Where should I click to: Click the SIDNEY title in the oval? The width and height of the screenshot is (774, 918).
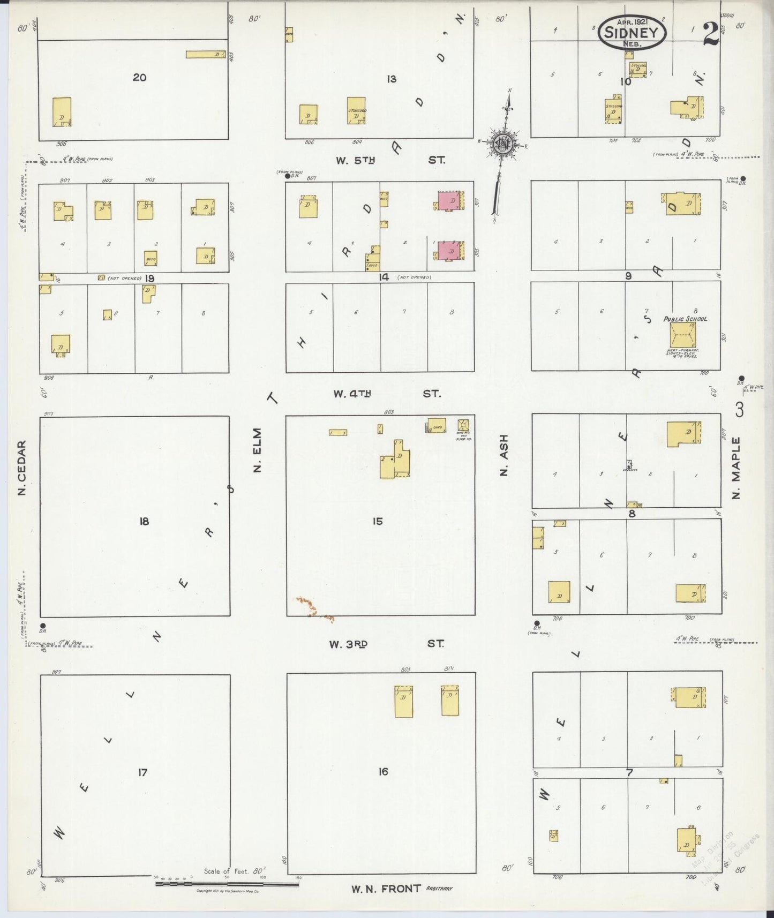click(632, 32)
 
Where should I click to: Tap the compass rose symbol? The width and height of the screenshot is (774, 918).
click(504, 143)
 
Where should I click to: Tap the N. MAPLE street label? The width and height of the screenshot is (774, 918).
click(737, 468)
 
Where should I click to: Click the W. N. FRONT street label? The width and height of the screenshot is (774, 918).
click(386, 889)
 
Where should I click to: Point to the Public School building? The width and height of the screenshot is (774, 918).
click(685, 334)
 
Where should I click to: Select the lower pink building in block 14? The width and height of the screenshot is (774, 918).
click(449, 250)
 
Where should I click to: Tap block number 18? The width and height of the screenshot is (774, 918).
click(144, 521)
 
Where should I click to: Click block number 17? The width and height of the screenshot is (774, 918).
click(142, 772)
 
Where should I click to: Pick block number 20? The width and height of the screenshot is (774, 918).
click(139, 78)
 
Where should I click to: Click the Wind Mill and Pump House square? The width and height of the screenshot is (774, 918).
click(463, 425)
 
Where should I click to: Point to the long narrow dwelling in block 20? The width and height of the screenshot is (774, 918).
click(205, 54)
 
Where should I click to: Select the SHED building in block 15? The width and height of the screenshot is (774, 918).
click(437, 425)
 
